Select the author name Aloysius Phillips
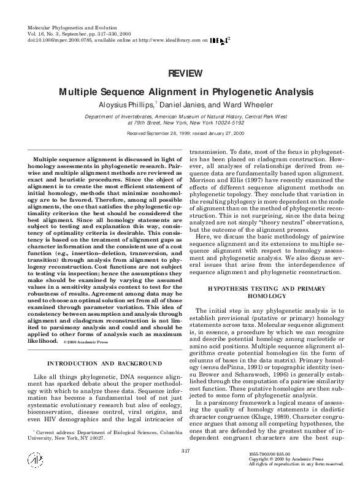click(125, 105)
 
